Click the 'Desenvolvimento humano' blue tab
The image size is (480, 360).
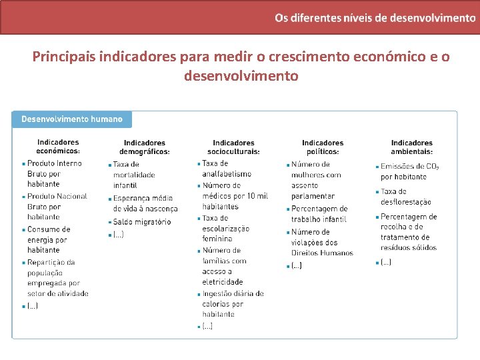pyautogui.click(x=72, y=119)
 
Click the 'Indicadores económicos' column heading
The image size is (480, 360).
pyautogui.click(x=58, y=147)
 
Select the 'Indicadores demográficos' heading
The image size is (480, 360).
pyautogui.click(x=145, y=147)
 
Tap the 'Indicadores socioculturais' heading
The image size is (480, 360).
pyautogui.click(x=233, y=147)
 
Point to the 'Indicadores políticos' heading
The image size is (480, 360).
pyautogui.click(x=323, y=147)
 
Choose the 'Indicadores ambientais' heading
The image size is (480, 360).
pyautogui.click(x=411, y=147)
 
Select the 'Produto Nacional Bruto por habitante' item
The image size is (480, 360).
pyautogui.click(x=56, y=207)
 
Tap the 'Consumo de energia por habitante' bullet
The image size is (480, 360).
pyautogui.click(x=48, y=239)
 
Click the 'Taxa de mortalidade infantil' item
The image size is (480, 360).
pyautogui.click(x=133, y=175)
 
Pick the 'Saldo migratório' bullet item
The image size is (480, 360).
pyautogui.click(x=141, y=222)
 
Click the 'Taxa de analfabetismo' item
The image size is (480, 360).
pyautogui.click(x=227, y=169)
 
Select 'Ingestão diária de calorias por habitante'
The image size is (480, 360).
pyautogui.click(x=233, y=303)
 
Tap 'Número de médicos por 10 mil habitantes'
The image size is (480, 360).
pyautogui.click(x=235, y=196)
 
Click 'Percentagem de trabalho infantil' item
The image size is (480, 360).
pyautogui.click(x=319, y=214)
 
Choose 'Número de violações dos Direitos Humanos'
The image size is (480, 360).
pyautogui.click(x=321, y=243)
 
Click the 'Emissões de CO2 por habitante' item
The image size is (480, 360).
pyautogui.click(x=409, y=171)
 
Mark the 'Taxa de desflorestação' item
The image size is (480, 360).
pyautogui.click(x=405, y=197)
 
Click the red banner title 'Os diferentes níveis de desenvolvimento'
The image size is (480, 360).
pyautogui.click(x=375, y=17)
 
